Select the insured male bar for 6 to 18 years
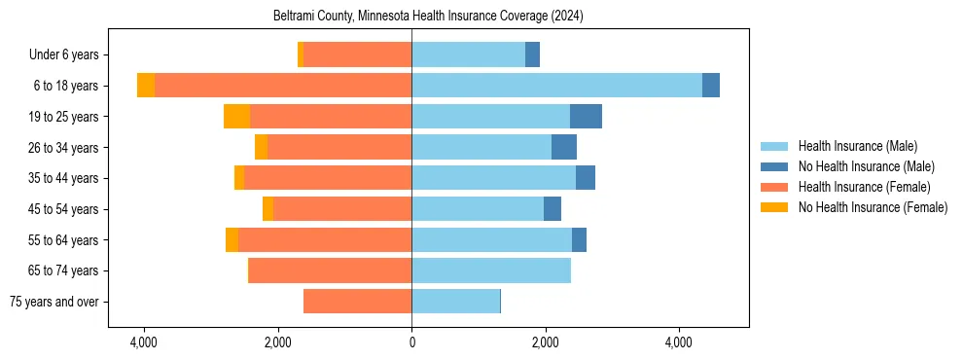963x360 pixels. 556,86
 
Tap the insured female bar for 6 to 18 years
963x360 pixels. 283,86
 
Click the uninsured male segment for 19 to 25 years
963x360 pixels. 586,117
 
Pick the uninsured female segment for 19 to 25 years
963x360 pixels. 236,117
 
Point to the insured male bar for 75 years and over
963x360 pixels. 455,302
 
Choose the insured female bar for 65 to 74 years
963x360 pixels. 330,270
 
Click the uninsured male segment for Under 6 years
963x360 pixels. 532,54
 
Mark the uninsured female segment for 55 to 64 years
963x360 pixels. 232,240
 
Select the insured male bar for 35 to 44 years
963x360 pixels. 493,178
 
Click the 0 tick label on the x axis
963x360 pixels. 411,343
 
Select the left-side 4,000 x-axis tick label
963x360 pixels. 144,343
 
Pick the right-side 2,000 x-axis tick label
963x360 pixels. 546,343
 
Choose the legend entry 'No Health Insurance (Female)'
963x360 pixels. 873,207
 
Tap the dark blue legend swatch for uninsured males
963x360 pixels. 774,166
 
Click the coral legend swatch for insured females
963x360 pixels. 774,187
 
